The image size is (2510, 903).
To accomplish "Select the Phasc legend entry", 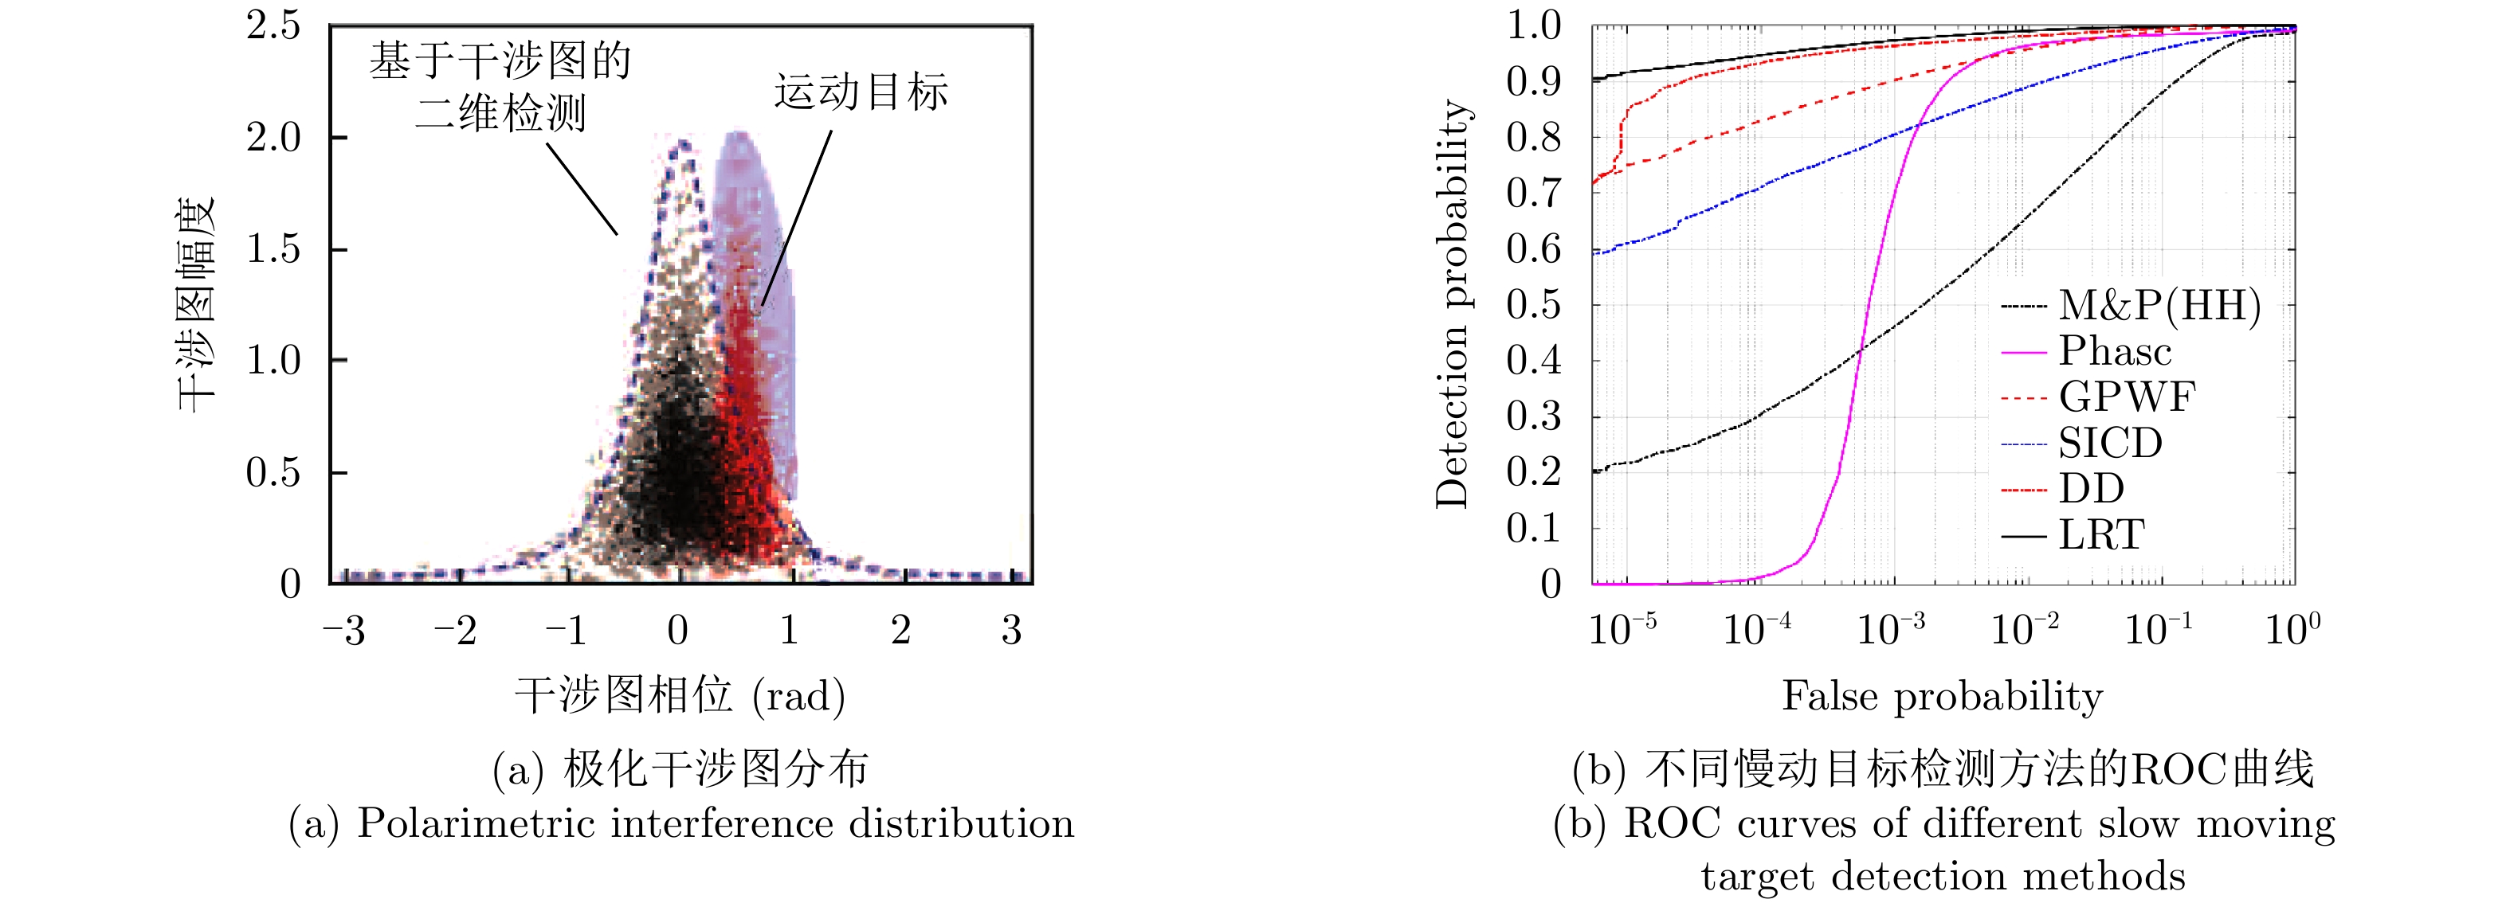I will (x=2115, y=352).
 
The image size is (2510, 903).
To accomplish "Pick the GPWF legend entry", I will (x=2127, y=397).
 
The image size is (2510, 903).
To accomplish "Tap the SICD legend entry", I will (x=2109, y=444).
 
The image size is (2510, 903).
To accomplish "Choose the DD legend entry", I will (x=2091, y=489).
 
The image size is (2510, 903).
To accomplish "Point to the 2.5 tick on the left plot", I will (x=274, y=26).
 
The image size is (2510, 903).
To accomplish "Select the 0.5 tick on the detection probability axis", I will (x=1534, y=305).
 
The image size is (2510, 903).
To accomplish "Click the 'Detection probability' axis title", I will (x=1453, y=304).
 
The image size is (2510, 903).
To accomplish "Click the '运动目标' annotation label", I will (x=861, y=92).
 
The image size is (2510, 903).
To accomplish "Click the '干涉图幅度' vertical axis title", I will (x=196, y=304).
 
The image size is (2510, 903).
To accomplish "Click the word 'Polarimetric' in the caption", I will (x=477, y=824).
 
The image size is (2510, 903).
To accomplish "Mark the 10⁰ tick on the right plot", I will (x=2292, y=628).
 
